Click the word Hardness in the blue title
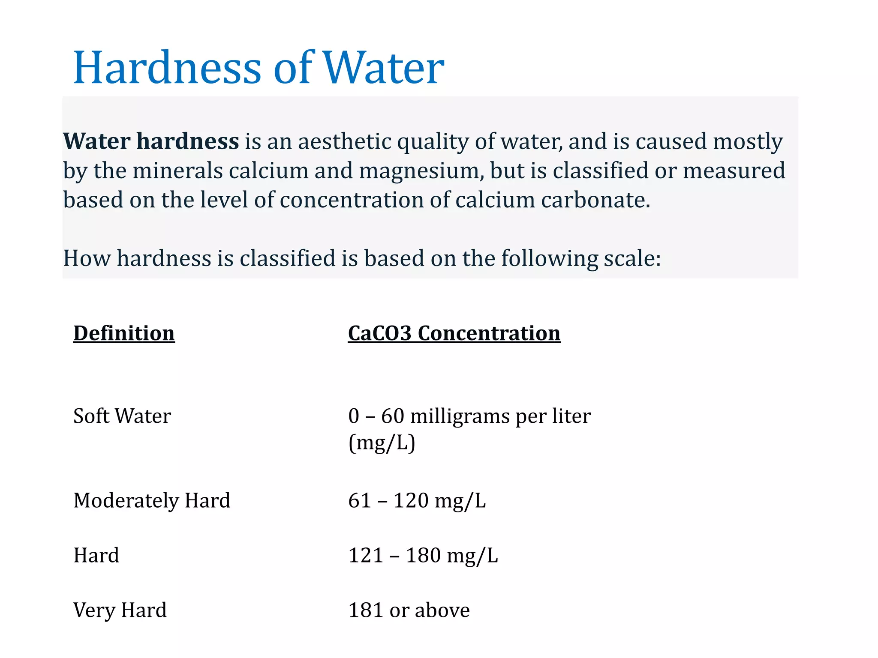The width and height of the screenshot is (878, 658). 167,68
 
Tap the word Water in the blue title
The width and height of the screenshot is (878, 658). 383,68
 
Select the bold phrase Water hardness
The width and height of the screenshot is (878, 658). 151,141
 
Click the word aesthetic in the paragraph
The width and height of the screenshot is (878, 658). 345,142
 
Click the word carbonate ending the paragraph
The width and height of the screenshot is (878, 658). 595,200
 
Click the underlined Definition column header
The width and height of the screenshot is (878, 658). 124,333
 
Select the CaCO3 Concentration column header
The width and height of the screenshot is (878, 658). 454,333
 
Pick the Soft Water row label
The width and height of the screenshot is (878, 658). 122,416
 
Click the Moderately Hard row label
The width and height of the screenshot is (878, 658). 152,500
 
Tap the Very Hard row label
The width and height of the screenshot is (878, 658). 120,610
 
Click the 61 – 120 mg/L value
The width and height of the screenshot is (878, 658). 417,500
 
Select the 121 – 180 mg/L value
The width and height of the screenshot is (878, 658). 423,556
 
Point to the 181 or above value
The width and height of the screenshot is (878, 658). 409,610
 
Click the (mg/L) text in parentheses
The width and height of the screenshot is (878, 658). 382,443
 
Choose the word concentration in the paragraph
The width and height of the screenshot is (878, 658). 352,200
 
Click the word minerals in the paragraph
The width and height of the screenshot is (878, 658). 177,171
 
